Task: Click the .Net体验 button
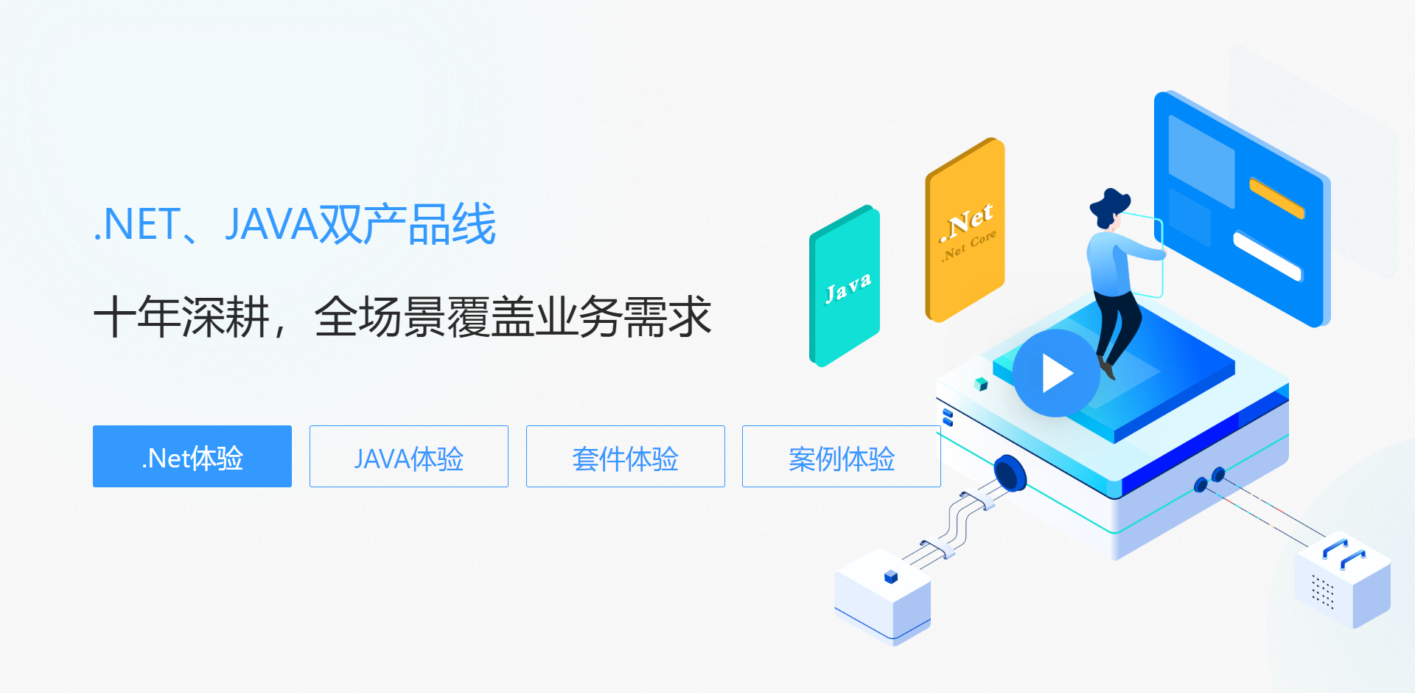pyautogui.click(x=192, y=456)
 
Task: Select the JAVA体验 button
pyautogui.click(x=409, y=456)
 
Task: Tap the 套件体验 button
pyautogui.click(x=625, y=456)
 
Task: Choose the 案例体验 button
pyautogui.click(x=841, y=456)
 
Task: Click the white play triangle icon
pyautogui.click(x=1056, y=374)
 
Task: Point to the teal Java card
pyautogui.click(x=845, y=286)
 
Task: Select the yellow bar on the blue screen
pyautogui.click(x=1276, y=198)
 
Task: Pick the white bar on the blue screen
pyautogui.click(x=1268, y=256)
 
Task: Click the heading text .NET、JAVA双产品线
pyautogui.click(x=295, y=224)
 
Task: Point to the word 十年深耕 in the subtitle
pyautogui.click(x=181, y=317)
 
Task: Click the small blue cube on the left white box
pyautogui.click(x=891, y=576)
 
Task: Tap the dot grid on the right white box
pyautogui.click(x=1323, y=591)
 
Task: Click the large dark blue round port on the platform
pyautogui.click(x=1010, y=473)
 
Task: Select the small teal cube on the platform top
pyautogui.click(x=981, y=383)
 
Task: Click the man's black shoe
pyautogui.click(x=1106, y=367)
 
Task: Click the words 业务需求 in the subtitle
pyautogui.click(x=623, y=317)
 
